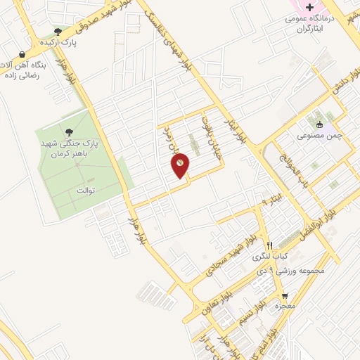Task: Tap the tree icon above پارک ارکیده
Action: (58, 31)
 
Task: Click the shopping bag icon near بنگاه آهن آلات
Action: (22, 54)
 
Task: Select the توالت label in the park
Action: (84, 191)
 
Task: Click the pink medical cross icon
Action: (310, 6)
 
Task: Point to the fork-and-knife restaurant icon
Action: (268, 245)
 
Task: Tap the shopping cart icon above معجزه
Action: (285, 295)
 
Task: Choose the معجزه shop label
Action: (283, 307)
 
